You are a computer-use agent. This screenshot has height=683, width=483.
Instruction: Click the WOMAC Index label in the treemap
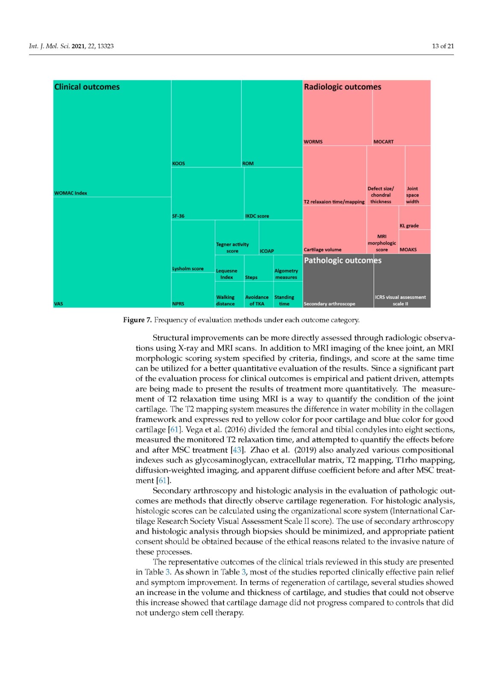pos(70,193)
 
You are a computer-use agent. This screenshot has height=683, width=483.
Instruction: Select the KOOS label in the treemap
pos(179,163)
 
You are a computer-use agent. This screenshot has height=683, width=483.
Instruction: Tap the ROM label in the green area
pos(248,163)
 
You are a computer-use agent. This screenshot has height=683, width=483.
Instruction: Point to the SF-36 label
pos(178,216)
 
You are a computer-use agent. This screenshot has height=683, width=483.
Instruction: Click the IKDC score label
pos(257,216)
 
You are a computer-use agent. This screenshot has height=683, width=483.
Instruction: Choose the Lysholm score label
pos(188,269)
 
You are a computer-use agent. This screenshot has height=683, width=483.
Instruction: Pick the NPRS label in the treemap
pos(178,304)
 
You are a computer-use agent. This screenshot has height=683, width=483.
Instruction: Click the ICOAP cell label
pos(267,251)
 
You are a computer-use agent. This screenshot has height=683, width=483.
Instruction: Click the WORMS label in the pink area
pos(313,142)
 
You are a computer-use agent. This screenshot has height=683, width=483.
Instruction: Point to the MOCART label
pos(383,142)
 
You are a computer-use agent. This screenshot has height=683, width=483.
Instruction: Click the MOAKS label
pos(408,250)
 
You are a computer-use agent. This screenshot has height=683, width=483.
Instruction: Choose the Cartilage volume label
pos(322,250)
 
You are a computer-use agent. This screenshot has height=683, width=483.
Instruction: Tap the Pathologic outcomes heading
pos(342,260)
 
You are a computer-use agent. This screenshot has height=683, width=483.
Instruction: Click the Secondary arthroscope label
pos(329,304)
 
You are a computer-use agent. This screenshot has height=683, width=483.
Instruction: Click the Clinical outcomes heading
pos(87,87)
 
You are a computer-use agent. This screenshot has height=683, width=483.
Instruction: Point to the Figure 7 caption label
pos(137,320)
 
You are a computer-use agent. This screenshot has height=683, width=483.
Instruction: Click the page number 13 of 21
pos(443,46)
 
